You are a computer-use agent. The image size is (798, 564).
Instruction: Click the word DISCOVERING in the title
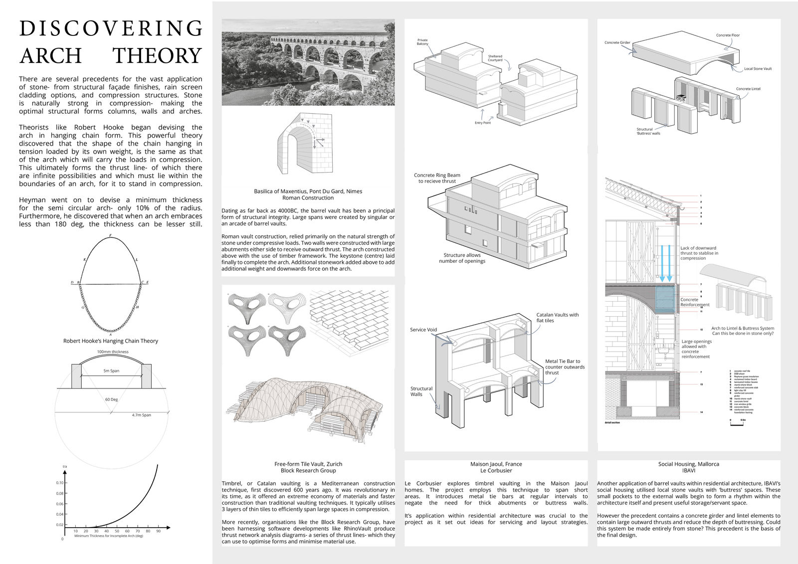point(111,29)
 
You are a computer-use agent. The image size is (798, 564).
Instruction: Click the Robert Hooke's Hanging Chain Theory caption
point(111,341)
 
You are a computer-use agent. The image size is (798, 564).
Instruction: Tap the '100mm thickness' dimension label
point(113,352)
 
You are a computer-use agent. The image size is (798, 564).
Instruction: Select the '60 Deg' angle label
point(111,399)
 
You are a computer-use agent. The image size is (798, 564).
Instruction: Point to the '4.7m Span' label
point(141,415)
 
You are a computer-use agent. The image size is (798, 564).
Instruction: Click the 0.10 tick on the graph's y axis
point(60,483)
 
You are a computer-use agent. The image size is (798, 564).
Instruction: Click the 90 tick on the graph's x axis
point(158,532)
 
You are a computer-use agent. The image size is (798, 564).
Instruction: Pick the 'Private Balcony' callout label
point(422,42)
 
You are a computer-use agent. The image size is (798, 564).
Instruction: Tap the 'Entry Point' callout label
point(482,123)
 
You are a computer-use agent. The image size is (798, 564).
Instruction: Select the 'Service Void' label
point(423,330)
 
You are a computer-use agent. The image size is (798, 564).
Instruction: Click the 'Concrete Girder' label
point(617,42)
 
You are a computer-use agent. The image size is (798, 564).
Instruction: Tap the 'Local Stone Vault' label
point(758,69)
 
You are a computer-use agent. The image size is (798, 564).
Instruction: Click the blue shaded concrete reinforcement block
point(664,300)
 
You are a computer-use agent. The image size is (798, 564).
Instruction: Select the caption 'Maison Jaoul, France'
point(496,464)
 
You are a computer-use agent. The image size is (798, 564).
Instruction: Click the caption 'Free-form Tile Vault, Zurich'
point(308,464)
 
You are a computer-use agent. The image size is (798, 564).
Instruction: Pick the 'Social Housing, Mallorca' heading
point(688,464)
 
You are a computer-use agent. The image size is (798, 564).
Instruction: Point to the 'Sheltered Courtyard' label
point(495,58)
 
